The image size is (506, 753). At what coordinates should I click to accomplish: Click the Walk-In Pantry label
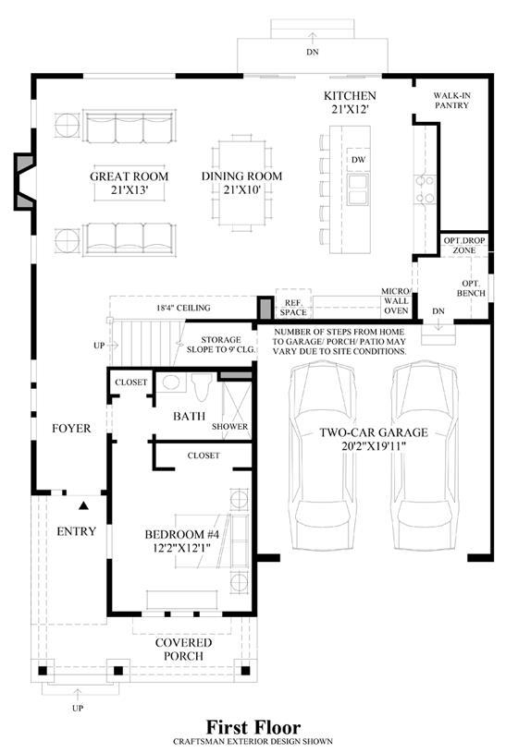pos(451,101)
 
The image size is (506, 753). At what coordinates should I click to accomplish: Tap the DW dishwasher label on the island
pos(358,160)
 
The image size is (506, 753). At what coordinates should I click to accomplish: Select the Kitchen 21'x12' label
pos(350,103)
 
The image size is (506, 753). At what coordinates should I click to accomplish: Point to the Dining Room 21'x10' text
pos(241,183)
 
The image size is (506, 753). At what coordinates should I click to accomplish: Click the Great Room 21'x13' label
pos(130,183)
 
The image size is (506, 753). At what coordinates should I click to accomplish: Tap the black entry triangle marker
pos(84,505)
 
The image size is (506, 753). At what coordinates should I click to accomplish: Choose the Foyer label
pos(71,428)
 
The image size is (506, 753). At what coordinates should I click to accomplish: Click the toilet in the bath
pos(202,386)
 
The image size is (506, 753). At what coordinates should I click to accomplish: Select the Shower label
pos(230,427)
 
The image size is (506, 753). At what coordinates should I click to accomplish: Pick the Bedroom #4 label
pos(182,540)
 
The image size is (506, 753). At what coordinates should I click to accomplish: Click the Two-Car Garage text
pos(374,439)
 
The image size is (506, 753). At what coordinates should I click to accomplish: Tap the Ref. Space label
pos(293,308)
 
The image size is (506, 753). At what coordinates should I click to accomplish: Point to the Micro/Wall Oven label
pos(396,301)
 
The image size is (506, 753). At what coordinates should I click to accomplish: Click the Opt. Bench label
pos(471,288)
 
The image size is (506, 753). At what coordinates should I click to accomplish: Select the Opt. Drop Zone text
pos(464,246)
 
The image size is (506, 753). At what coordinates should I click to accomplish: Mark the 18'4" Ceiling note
pos(183,308)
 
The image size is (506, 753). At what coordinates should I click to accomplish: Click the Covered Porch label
pos(183,650)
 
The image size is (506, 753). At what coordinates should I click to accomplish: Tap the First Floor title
pos(253,726)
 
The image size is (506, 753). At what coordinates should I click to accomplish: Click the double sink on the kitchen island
pos(358,189)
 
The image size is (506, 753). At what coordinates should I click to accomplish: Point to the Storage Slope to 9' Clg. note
pos(221,345)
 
